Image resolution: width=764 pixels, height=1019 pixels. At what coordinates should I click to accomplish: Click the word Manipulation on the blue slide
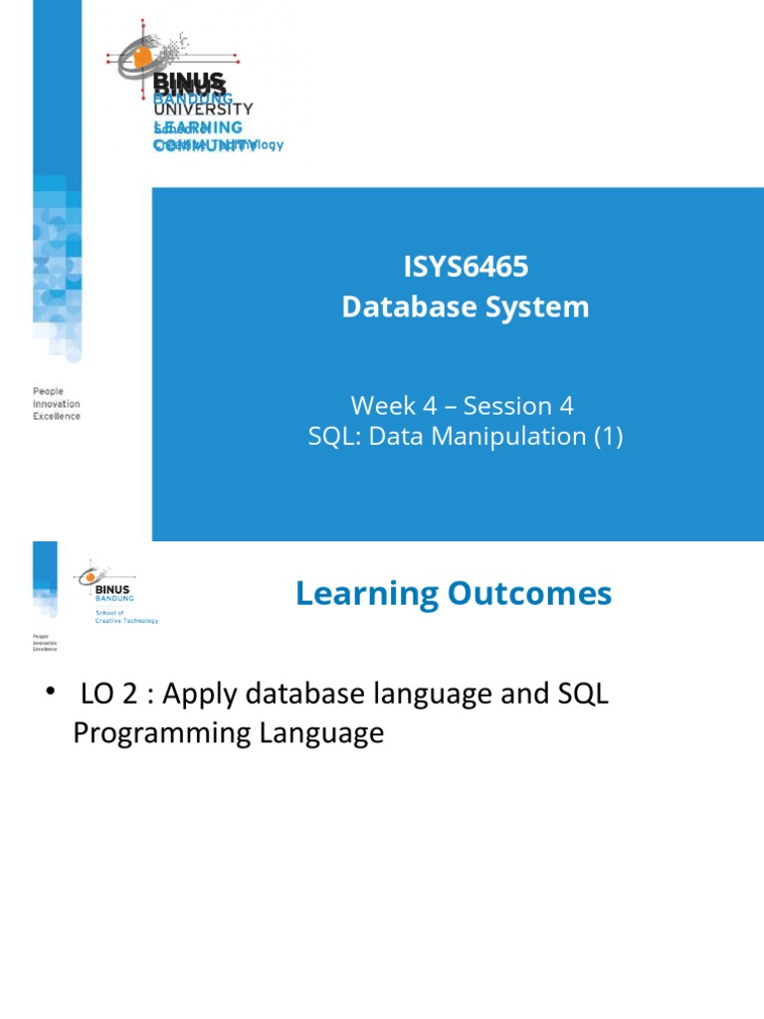(502, 436)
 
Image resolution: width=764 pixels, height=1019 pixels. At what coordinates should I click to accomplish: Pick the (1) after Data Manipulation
(607, 436)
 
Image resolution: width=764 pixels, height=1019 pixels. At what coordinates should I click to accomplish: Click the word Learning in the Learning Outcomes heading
(366, 594)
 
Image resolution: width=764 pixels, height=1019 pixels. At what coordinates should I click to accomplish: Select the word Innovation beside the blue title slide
(57, 404)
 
